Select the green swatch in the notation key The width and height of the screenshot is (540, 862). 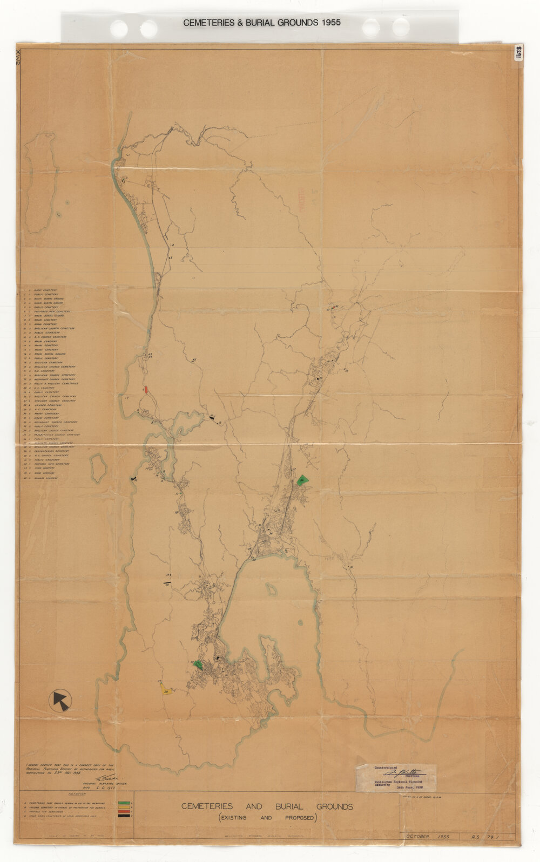click(124, 803)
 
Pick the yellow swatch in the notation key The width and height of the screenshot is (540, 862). click(124, 807)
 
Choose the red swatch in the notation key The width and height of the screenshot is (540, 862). click(124, 811)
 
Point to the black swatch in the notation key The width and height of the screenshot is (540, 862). click(124, 816)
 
